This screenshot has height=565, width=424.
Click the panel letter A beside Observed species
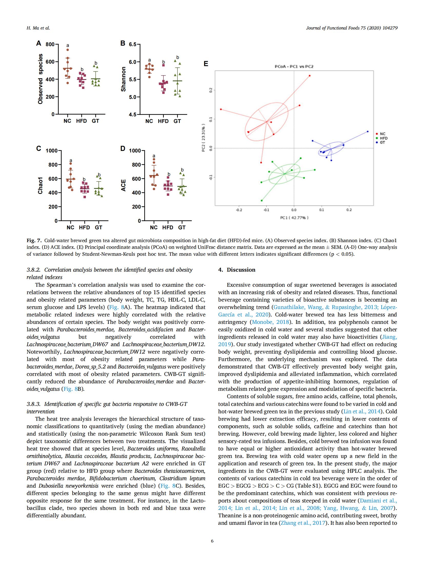tap(38, 43)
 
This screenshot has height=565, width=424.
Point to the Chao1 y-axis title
tap(40, 185)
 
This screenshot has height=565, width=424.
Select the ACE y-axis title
tap(124, 185)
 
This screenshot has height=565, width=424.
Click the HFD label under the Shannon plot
tap(163, 121)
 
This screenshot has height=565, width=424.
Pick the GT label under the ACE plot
tap(182, 228)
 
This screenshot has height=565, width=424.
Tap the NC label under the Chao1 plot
tap(70, 228)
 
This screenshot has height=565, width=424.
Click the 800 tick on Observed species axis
tap(50, 45)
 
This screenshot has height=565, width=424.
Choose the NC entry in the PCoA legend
tap(382, 134)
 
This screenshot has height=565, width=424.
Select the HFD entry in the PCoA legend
tap(383, 138)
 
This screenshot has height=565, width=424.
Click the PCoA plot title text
tap(294, 67)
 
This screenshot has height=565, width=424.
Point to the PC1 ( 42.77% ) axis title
tap(294, 218)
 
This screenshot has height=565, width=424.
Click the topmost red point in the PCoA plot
tap(310, 76)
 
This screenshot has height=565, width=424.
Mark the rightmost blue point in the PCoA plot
tap(368, 131)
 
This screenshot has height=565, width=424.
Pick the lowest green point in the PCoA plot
tap(261, 200)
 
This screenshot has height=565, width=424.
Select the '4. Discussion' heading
tap(237, 270)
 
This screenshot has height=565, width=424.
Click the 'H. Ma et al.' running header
tap(38, 28)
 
